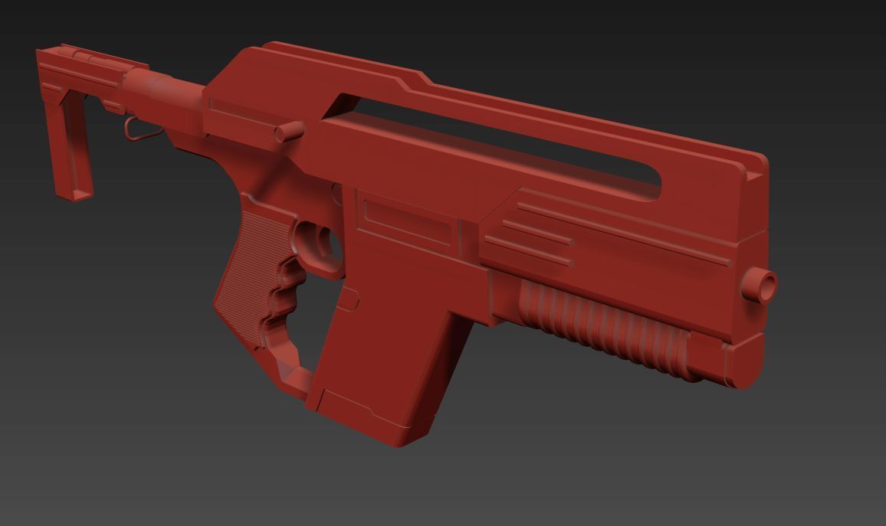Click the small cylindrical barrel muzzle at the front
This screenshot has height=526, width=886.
pyautogui.click(x=762, y=284)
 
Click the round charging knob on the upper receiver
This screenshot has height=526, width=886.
pyautogui.click(x=288, y=133)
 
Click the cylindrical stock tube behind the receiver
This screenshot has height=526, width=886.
pyautogui.click(x=165, y=88)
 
